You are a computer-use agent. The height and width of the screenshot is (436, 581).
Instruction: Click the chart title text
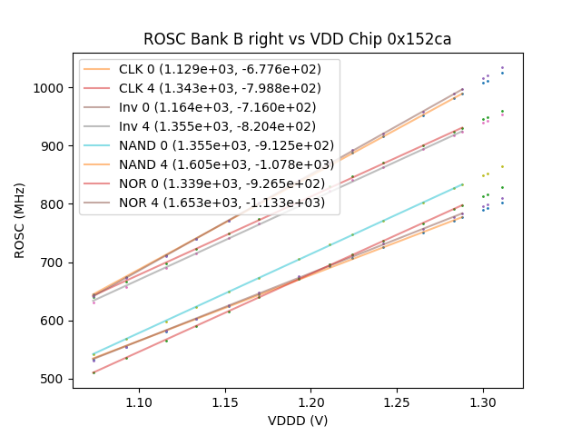tap(297, 40)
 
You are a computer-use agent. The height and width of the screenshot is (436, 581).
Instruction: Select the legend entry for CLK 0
tap(222, 70)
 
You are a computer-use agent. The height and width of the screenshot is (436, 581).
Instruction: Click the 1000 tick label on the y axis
tap(50, 88)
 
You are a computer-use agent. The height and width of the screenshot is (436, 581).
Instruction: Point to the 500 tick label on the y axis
tap(54, 379)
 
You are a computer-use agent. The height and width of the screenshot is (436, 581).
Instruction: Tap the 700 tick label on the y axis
tap(54, 263)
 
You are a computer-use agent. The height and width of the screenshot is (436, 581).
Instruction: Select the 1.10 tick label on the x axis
tap(139, 401)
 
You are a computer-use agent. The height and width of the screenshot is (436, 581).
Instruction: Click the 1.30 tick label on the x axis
tap(483, 401)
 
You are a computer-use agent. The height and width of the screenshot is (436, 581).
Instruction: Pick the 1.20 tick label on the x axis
tap(311, 401)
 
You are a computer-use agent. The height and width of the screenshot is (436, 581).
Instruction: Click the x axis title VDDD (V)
tap(297, 420)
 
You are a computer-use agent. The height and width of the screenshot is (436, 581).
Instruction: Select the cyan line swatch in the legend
tap(99, 145)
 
